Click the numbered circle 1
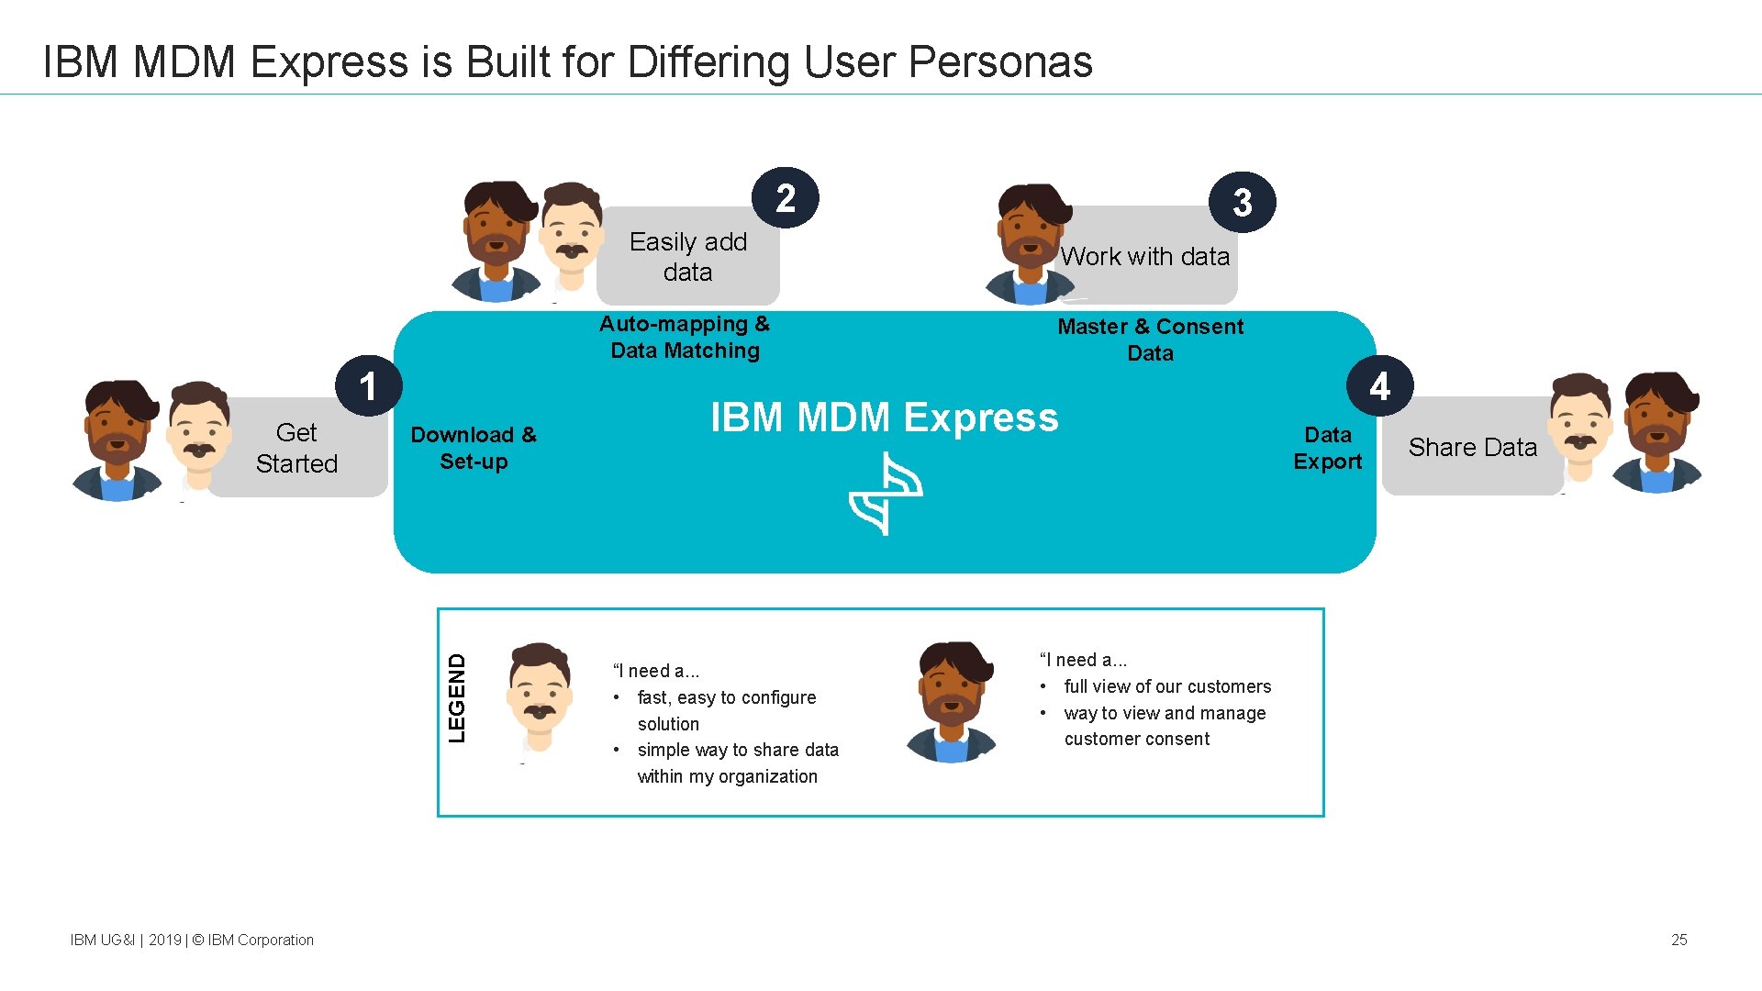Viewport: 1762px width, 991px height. point(369,386)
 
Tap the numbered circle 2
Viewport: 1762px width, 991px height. point(785,198)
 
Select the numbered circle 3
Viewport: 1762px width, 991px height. point(1243,203)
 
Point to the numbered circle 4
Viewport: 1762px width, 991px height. point(1379,386)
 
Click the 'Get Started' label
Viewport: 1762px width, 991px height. point(296,448)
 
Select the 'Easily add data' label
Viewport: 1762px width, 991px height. point(688,257)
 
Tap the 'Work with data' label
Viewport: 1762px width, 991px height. point(1145,257)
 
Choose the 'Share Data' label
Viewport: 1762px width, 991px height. point(1472,448)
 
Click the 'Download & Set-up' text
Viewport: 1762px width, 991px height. point(474,448)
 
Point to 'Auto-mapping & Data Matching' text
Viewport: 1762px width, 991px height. point(685,338)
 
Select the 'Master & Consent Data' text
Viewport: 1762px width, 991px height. point(1150,340)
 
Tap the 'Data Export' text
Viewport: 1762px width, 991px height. point(1327,448)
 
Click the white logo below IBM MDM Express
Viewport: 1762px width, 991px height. point(886,494)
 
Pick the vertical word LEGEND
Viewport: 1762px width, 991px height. point(457,698)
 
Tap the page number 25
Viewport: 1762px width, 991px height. point(1678,940)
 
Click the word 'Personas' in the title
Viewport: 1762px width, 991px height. point(1000,62)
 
